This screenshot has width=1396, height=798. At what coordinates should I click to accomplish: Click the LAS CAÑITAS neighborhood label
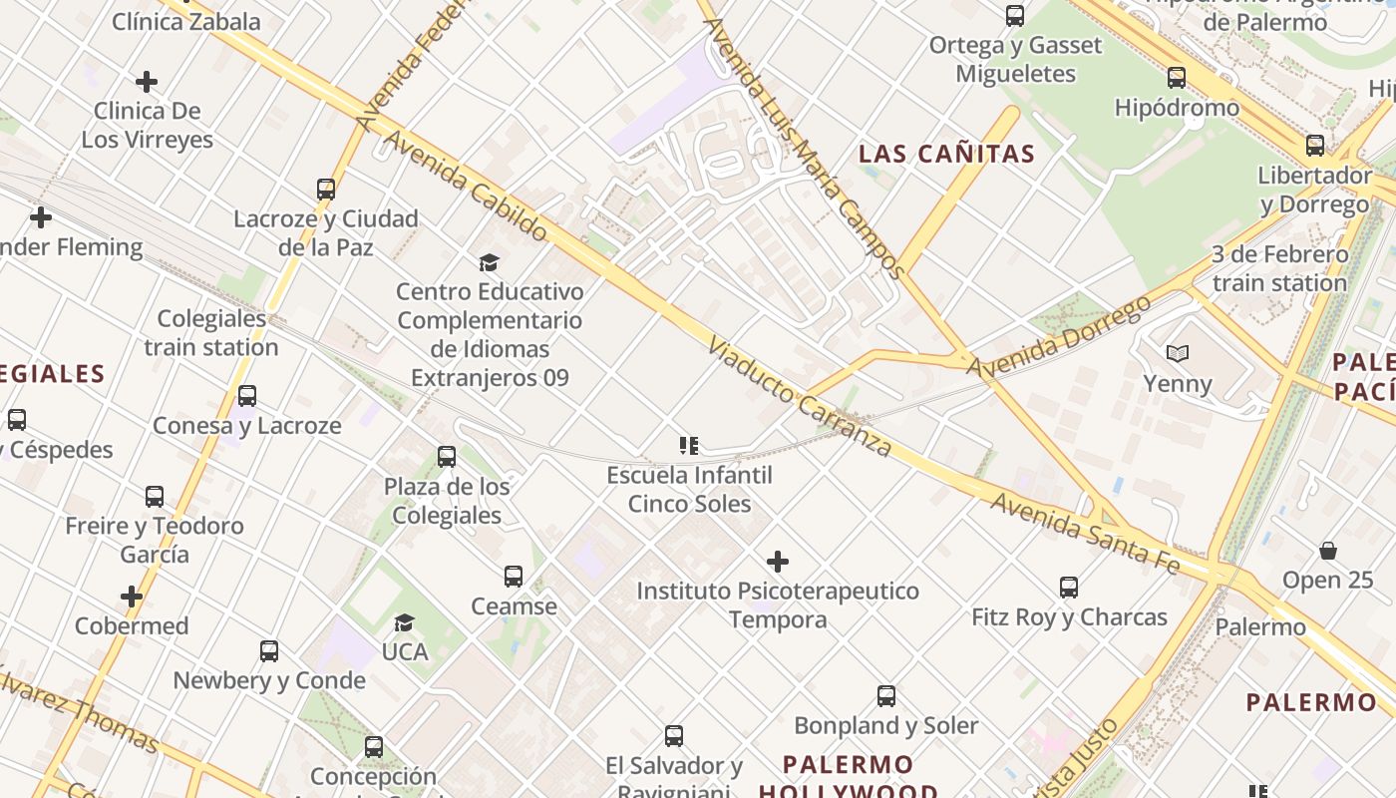946,154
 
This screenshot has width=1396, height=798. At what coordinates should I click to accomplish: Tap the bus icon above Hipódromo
1177,78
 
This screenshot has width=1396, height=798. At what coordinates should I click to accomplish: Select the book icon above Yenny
1178,353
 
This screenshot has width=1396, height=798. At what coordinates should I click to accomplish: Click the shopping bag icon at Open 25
1328,551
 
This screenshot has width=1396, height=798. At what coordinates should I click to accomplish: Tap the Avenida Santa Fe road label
1085,534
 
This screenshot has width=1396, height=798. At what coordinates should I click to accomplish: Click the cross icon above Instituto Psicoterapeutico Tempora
778,562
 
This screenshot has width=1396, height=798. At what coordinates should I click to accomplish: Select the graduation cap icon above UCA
404,623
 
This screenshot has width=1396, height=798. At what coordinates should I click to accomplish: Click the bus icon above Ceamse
514,577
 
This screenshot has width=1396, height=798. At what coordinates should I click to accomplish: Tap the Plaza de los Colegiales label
447,501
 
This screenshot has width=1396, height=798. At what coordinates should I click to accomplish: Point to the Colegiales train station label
211,333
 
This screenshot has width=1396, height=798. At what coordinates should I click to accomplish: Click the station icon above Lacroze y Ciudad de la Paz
325,190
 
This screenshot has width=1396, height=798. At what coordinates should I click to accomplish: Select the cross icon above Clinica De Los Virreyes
147,82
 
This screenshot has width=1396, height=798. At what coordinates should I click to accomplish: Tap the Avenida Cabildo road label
465,187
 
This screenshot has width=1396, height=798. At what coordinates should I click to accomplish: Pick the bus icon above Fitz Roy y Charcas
1069,588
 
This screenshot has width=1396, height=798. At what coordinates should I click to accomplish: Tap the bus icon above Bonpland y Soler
886,696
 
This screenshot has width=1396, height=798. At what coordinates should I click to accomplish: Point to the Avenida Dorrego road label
1059,337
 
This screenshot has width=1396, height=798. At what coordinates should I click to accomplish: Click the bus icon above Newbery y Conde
269,651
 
